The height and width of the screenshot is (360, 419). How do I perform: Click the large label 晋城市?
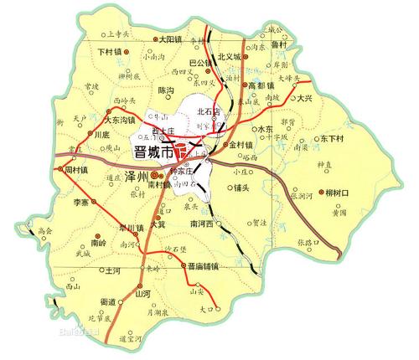pos(155,154)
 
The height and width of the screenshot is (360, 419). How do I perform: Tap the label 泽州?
pos(137,176)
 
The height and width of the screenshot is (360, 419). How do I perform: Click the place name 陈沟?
pos(166,90)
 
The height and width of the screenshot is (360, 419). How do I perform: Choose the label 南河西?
pos(205,224)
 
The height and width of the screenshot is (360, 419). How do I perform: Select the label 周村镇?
pos(77,169)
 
